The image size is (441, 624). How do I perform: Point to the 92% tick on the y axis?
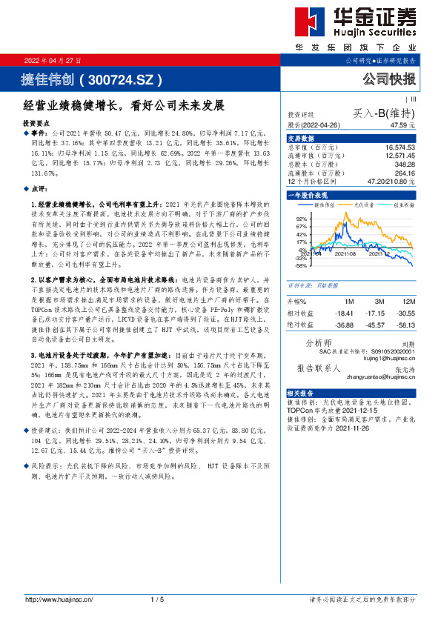[301, 219]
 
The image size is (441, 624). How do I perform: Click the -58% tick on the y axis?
[300, 265]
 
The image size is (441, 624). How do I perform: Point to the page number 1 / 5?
[156, 599]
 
